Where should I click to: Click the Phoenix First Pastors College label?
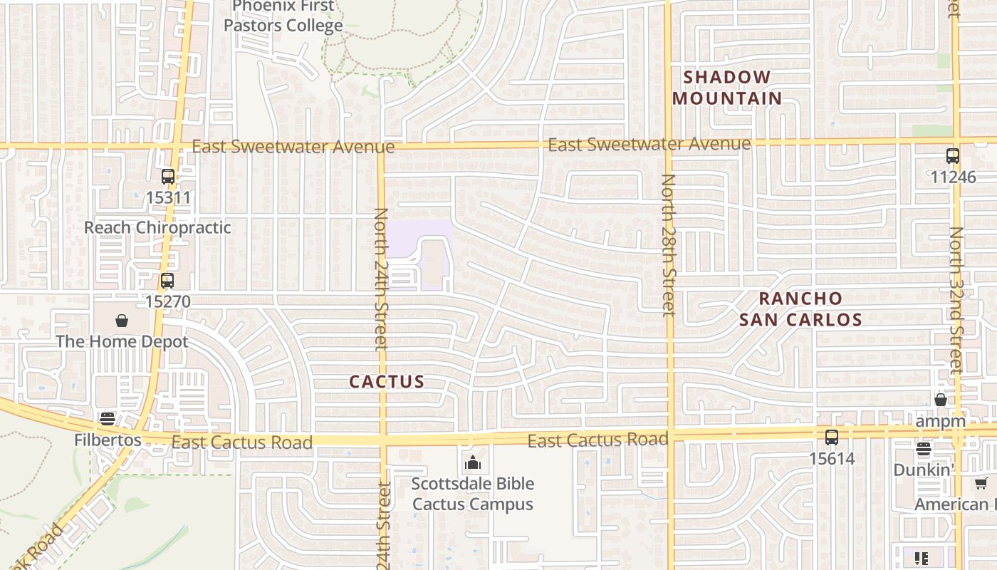tap(283, 16)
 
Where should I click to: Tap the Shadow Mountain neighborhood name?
tap(727, 88)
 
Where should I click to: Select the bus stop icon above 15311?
tap(168, 177)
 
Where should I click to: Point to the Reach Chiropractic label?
tap(157, 227)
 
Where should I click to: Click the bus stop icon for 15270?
tap(167, 281)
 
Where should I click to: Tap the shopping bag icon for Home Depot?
tap(122, 321)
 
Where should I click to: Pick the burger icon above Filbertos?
tap(108, 418)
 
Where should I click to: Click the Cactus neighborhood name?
tap(387, 381)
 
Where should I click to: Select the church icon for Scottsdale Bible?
tap(472, 463)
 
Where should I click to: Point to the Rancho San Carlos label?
tap(800, 309)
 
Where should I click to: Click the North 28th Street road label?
tap(668, 244)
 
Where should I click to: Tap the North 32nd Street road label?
tap(956, 299)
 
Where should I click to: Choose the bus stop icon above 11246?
tap(952, 156)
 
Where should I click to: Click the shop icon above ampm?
tap(941, 400)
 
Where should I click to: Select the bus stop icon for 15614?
tap(832, 437)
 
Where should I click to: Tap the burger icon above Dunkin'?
tap(924, 449)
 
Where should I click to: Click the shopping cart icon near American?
tap(981, 484)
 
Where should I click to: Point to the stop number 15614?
tap(832, 458)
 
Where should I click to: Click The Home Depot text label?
tap(122, 341)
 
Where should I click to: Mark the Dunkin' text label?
tap(924, 470)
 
